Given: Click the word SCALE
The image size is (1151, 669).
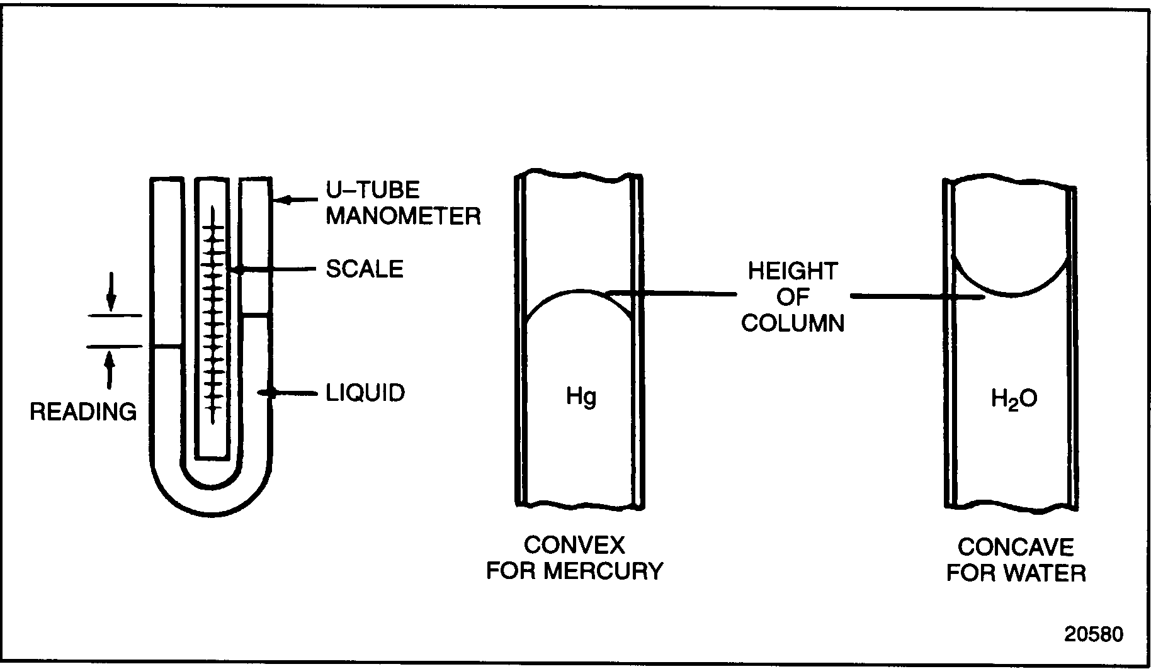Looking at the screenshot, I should (x=364, y=269).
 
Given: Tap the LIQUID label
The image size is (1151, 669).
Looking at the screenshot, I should (x=365, y=393).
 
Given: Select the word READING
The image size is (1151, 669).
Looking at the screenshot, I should (x=83, y=412).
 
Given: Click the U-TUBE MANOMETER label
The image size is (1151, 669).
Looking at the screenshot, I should (x=403, y=203).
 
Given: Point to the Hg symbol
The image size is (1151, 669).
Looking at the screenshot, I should (x=581, y=397).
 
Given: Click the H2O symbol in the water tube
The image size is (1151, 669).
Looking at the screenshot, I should (x=1014, y=399).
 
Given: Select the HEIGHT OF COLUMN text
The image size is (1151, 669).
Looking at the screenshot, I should (x=792, y=297).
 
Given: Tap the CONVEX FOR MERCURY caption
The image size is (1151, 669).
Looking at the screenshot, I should (x=575, y=558).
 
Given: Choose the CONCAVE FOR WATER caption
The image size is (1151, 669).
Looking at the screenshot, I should (x=1016, y=560).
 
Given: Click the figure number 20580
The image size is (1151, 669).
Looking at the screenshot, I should (x=1093, y=634).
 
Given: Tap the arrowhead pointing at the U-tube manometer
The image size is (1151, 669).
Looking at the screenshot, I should (x=285, y=201).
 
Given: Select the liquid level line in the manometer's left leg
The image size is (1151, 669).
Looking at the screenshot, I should (x=167, y=346).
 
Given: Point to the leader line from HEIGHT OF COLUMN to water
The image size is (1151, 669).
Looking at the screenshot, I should (x=900, y=296).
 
